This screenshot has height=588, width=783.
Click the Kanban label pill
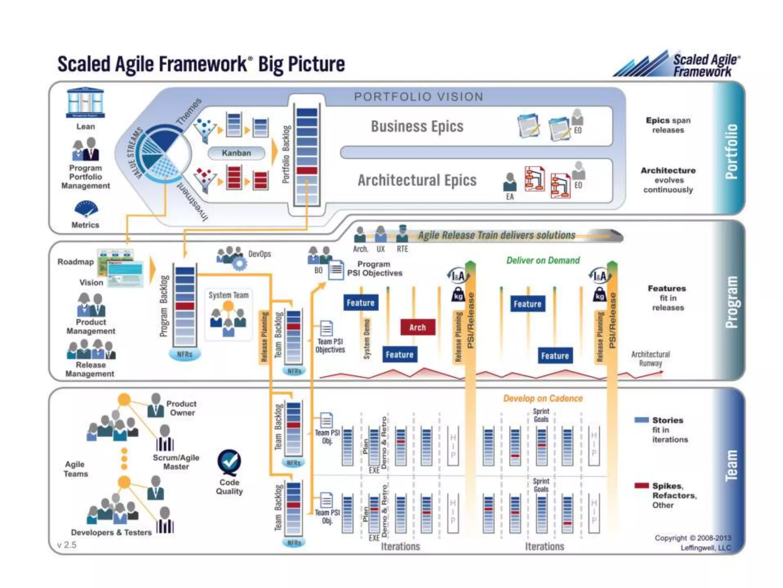pos(236,153)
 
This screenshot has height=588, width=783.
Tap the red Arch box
pos(417,327)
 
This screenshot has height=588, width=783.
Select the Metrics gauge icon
pos(86,209)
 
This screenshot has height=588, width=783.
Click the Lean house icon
pos(85,103)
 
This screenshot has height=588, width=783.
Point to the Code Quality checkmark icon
pos(229,462)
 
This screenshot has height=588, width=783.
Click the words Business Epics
pos(417,126)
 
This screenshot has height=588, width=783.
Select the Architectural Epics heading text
pos(417,180)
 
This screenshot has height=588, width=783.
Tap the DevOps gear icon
pos(239,263)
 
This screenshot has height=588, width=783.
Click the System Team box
pos(228,315)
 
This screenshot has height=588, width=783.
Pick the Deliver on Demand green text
pos(543,260)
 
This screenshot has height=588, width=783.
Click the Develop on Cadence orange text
pos(543,399)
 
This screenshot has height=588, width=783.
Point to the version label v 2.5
pos(67,545)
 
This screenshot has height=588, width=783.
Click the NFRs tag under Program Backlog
pos(185,354)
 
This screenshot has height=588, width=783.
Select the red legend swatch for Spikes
pos(641,486)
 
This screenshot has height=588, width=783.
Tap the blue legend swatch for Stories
pos(641,420)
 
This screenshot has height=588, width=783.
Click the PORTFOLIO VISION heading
pos(419,96)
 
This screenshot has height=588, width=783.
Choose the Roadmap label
pos(76,262)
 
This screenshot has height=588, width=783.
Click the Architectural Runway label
pos(650,359)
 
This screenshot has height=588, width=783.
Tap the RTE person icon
pos(402,234)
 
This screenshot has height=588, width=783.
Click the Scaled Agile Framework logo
pos(677,64)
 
